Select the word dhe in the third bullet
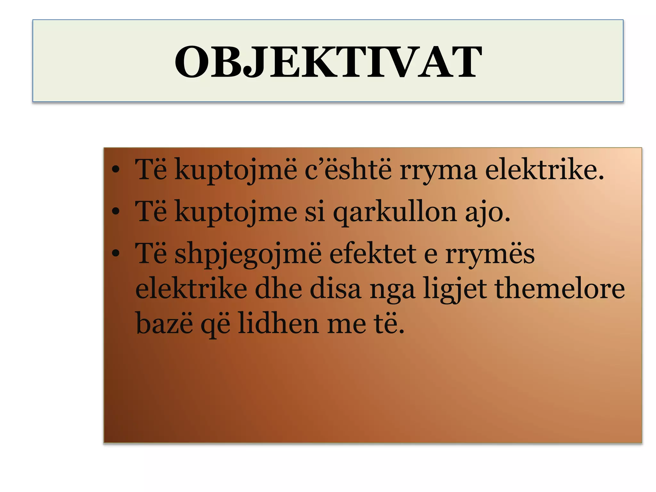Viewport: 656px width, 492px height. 279,288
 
